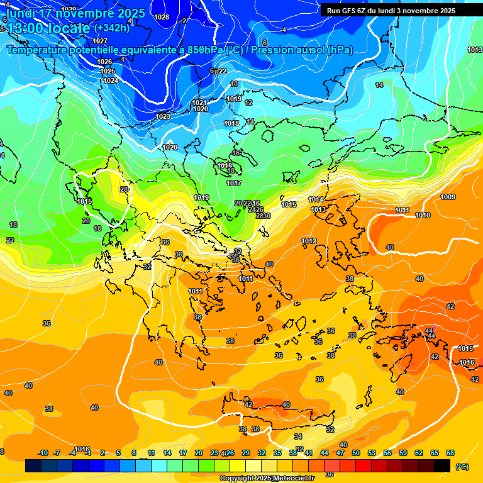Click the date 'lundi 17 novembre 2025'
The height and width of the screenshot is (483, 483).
click(x=75, y=13)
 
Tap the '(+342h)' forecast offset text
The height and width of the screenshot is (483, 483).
click(x=111, y=28)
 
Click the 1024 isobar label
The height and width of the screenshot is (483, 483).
click(x=111, y=80)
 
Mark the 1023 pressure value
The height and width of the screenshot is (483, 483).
click(x=162, y=116)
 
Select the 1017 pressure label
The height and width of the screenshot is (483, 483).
click(x=234, y=183)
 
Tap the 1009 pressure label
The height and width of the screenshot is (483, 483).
click(x=448, y=197)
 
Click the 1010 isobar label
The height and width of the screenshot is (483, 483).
click(x=423, y=215)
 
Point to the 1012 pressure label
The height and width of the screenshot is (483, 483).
click(x=309, y=241)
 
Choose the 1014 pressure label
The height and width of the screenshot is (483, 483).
click(x=316, y=199)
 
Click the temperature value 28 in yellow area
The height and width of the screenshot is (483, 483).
click(x=124, y=189)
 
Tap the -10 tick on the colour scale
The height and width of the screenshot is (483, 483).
click(x=43, y=453)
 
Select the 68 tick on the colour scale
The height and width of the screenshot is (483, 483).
click(x=450, y=453)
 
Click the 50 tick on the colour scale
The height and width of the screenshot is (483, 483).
click(x=356, y=453)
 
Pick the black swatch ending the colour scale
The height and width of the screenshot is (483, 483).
click(x=442, y=465)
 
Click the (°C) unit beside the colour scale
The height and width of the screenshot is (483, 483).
click(x=462, y=467)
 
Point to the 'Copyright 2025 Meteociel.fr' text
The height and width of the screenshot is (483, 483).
click(x=267, y=478)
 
